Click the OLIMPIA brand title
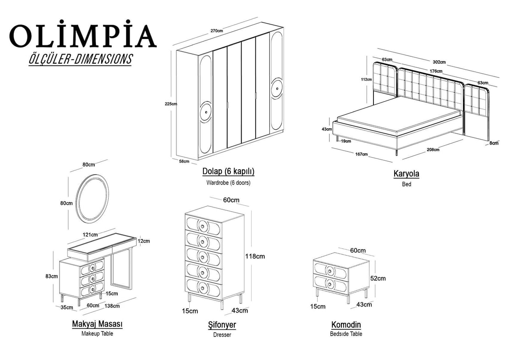tap(82, 36)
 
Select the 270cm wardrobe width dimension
tap(216, 31)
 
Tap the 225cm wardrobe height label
tap(170, 104)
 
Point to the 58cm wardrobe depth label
tap(183, 161)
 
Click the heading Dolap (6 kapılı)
tap(228, 172)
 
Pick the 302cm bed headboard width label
tap(439, 62)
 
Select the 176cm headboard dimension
tap(436, 71)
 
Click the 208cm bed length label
tap(432, 149)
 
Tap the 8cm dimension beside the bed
tap(493, 143)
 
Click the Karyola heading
tap(406, 174)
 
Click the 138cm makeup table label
tap(112, 305)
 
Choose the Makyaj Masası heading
tap(97, 324)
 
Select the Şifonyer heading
tap(222, 325)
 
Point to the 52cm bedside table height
tap(378, 278)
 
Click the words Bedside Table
tap(346, 334)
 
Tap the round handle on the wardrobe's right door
tap(277, 88)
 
